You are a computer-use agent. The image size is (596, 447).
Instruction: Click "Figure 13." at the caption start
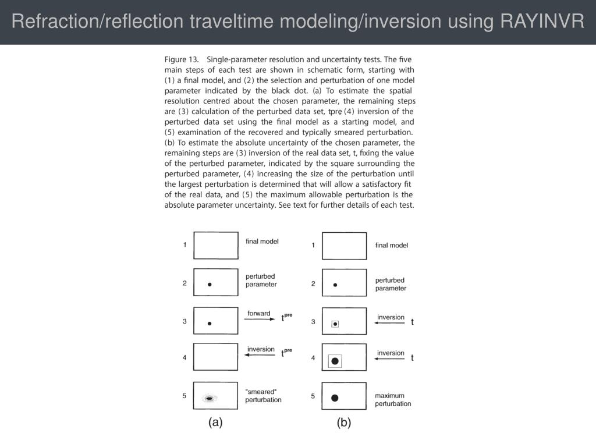coord(183,59)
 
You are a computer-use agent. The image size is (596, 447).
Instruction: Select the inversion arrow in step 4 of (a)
coord(260,356)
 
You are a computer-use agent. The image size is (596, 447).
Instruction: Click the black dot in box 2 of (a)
coord(210,285)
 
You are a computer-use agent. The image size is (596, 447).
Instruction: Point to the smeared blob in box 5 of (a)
coord(209,399)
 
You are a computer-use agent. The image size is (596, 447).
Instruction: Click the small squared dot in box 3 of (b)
coord(335,324)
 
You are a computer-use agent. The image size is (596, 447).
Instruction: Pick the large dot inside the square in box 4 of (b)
coord(335,361)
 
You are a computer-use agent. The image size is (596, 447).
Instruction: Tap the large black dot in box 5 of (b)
coord(335,398)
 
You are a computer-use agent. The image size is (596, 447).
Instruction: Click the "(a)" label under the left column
coord(215,423)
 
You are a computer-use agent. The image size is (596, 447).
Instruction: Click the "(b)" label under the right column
coord(344,423)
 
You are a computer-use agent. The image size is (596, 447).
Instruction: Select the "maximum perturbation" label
coord(393,400)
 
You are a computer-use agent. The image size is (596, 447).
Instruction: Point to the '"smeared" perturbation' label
coord(263,396)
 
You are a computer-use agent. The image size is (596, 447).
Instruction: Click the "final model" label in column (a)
coord(262,241)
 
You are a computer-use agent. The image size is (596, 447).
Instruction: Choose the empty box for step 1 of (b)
coord(344,246)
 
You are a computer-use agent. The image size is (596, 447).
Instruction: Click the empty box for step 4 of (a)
coord(215,357)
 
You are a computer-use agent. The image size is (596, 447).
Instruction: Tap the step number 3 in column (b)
coord(313,321)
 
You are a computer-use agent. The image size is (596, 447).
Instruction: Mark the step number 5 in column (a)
coord(185,396)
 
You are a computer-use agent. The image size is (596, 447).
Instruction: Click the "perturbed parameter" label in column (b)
coord(391,284)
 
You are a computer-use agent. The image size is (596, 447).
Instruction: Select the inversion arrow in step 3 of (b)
coord(391,323)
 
